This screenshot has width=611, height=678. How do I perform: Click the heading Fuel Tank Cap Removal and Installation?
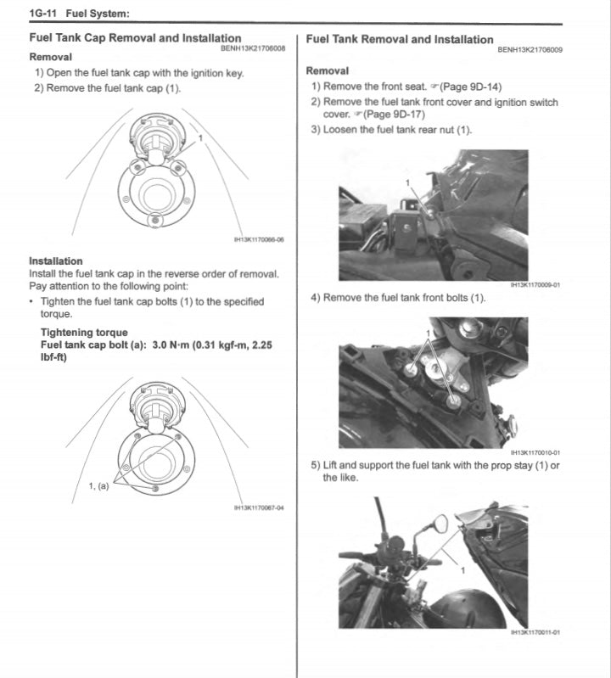coord(135,38)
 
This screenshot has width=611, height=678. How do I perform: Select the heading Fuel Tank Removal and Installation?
coord(399,39)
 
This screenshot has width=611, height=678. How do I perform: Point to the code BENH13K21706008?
coord(253,48)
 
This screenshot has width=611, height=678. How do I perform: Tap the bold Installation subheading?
coord(56,261)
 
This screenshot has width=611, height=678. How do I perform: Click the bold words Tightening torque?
coord(84,333)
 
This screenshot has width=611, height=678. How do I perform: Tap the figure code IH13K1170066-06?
coord(259,239)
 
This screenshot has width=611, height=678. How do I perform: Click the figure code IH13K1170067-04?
coord(259,508)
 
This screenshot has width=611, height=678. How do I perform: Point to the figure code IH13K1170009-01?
coord(535,285)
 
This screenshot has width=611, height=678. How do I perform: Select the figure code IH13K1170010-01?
coord(535,453)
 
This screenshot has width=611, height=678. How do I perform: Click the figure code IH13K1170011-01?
coord(535,632)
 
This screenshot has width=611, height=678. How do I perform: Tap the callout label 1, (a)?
coord(98,486)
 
